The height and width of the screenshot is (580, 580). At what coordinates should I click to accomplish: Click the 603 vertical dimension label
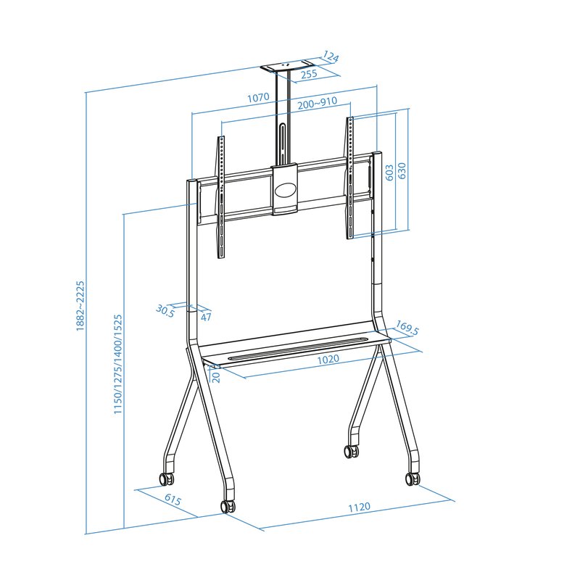tap(389, 172)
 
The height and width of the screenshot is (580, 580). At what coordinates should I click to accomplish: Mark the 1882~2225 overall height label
tap(80, 306)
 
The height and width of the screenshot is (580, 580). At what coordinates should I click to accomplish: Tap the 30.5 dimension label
tap(165, 310)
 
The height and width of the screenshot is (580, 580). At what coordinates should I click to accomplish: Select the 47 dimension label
tap(206, 316)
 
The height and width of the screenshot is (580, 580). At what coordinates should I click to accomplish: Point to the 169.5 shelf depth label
tap(407, 331)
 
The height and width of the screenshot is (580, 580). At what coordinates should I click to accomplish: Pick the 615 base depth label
tap(173, 500)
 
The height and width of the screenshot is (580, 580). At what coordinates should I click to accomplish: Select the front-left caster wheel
tap(228, 505)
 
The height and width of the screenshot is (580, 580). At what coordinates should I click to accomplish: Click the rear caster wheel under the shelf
tap(352, 450)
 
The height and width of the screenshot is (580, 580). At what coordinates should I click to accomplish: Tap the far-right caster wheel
tap(413, 478)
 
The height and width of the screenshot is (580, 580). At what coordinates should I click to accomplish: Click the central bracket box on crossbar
tap(284, 190)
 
